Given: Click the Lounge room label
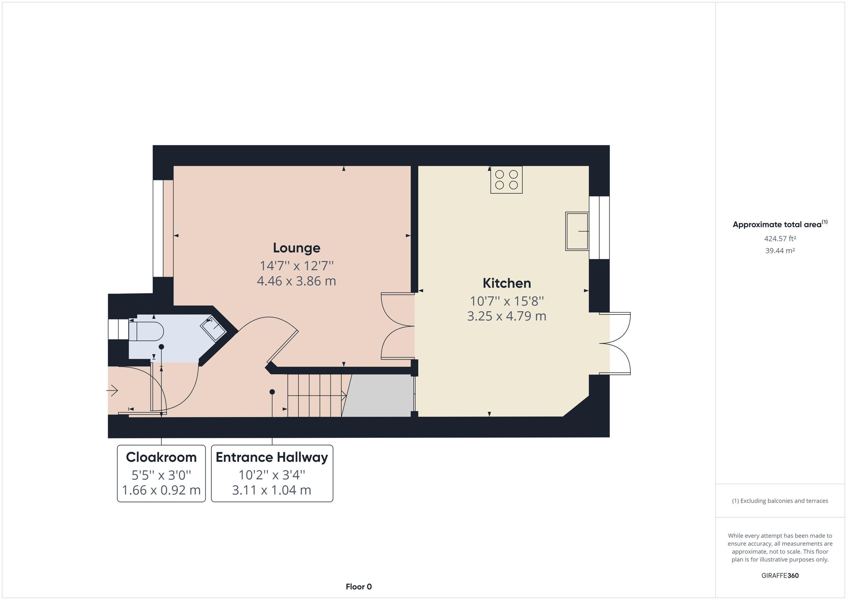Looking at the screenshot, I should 296,248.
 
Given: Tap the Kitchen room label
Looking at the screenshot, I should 507,283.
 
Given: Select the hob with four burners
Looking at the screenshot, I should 506,180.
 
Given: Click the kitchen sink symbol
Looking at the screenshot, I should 577,231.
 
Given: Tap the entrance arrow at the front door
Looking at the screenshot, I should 112,390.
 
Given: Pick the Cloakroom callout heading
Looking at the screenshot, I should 161,457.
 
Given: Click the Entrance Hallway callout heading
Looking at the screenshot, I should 272,457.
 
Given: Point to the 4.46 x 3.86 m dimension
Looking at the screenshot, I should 296,281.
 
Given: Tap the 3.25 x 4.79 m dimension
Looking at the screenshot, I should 507,316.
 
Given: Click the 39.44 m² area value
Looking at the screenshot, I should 780,251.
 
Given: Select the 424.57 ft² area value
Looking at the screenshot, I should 780,239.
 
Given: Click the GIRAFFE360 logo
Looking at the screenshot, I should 780,575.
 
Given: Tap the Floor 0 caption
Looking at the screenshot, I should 359,587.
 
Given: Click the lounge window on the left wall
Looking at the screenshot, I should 158,228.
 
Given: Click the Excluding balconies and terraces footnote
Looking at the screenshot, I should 780,501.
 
